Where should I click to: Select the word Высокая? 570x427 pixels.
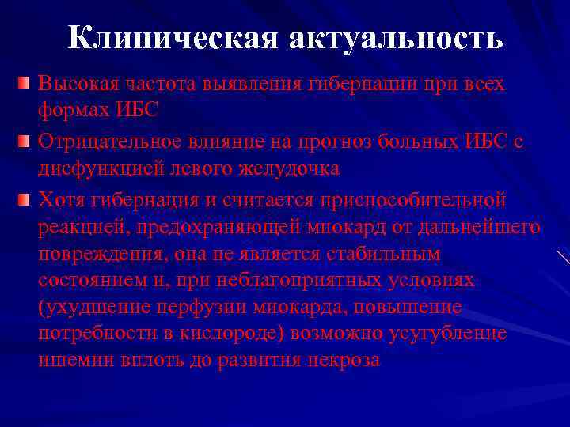74,84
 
